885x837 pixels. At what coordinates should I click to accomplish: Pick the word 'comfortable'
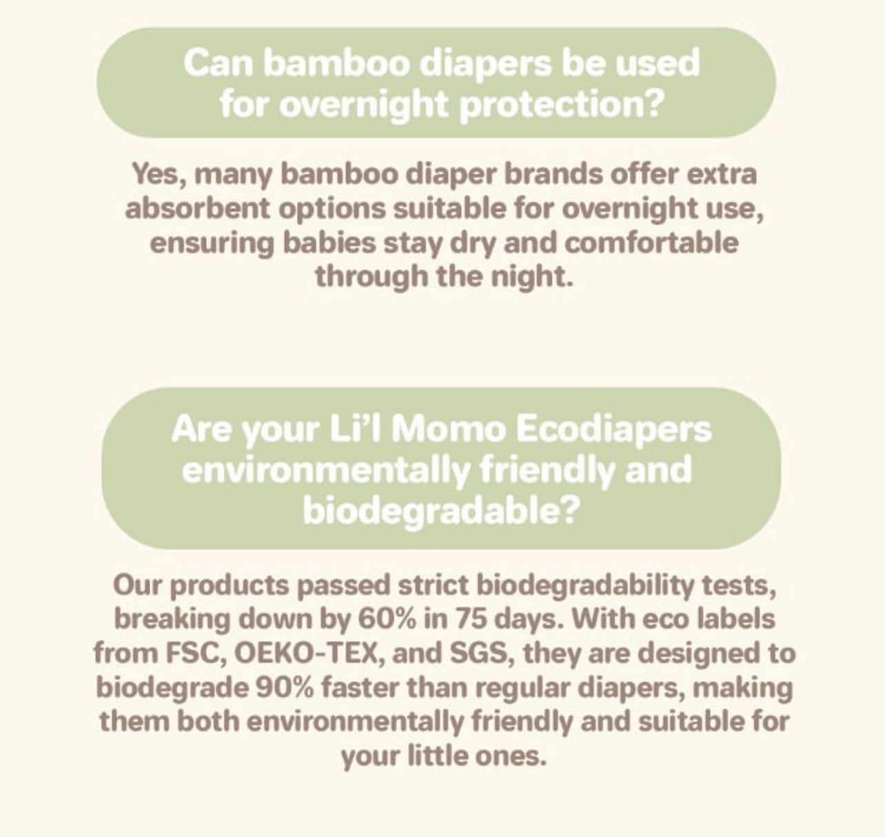pos(651,243)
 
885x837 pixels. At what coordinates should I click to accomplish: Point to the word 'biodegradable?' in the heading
pos(439,512)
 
